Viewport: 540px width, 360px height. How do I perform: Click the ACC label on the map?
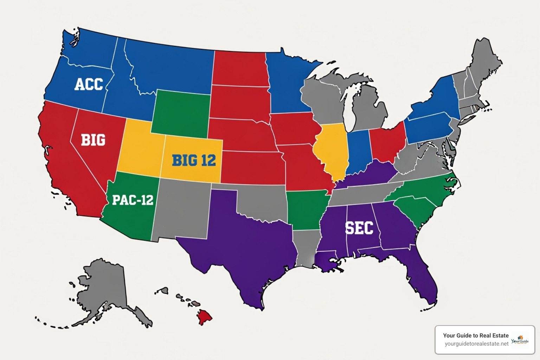89,84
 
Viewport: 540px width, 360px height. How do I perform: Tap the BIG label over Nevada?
93,140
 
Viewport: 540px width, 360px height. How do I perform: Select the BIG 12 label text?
194,160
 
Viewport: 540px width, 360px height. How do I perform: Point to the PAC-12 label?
133,200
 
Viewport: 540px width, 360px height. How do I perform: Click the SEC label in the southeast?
359,228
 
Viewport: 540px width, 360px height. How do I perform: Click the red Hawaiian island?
205,316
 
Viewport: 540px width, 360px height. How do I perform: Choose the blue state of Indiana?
358,151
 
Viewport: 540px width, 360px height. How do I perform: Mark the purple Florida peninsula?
424,281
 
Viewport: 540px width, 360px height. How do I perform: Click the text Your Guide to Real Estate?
476,335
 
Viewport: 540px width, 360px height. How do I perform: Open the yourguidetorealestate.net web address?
476,344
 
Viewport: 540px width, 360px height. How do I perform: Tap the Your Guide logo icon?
520,340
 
